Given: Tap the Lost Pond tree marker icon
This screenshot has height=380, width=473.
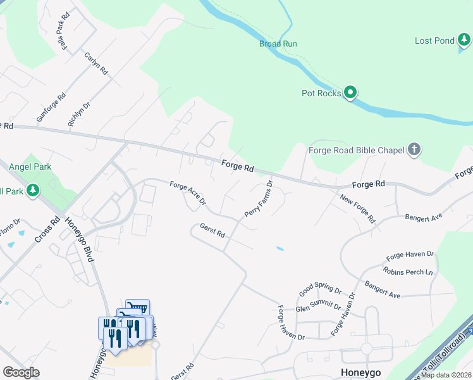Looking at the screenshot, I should (x=464, y=41).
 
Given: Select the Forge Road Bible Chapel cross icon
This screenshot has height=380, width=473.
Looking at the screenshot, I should (x=414, y=150).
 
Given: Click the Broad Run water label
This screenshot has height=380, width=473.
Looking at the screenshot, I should (x=278, y=44).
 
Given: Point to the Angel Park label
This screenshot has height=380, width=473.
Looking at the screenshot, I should (x=30, y=167).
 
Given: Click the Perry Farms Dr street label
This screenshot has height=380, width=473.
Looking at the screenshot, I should (x=258, y=199).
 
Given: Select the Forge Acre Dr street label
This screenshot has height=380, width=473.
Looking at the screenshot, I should (x=188, y=193).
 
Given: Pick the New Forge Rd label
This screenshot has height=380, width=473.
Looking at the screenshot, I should (x=358, y=210).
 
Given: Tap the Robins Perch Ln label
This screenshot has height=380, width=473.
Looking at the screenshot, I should (x=411, y=272).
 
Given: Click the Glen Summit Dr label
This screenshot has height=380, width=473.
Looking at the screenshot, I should (x=319, y=307).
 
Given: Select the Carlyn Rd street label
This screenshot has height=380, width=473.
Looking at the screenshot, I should (x=97, y=65).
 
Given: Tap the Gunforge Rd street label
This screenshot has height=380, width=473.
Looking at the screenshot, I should (x=51, y=108).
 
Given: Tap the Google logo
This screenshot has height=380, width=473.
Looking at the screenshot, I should (x=21, y=372).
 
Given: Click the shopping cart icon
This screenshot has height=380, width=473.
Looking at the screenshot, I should (x=137, y=308).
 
